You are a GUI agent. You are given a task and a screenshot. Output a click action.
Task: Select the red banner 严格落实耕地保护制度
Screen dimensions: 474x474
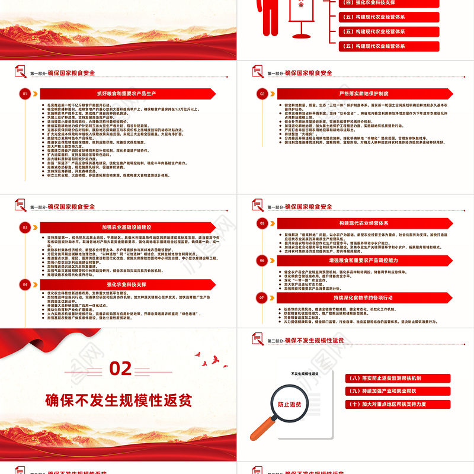(x=364, y=94)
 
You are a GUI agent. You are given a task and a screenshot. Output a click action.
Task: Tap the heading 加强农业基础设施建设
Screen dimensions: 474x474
(x=126, y=227)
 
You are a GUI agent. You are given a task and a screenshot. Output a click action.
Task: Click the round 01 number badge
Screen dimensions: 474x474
(x=25, y=94)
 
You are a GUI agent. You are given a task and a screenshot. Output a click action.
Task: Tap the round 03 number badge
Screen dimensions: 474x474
(x=25, y=227)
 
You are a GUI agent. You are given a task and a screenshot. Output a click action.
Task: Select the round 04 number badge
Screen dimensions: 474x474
(x=25, y=284)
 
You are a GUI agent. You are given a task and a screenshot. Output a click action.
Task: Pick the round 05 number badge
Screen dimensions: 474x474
(x=262, y=223)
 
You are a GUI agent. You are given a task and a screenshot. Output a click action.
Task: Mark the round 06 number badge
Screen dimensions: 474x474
(x=262, y=260)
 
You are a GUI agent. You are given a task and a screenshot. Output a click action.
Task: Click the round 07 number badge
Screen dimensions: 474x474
(x=262, y=297)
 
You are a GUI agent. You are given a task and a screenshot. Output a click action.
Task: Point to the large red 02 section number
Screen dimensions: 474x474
(x=120, y=369)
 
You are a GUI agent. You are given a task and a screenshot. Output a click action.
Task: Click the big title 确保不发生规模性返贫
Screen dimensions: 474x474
(x=119, y=399)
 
